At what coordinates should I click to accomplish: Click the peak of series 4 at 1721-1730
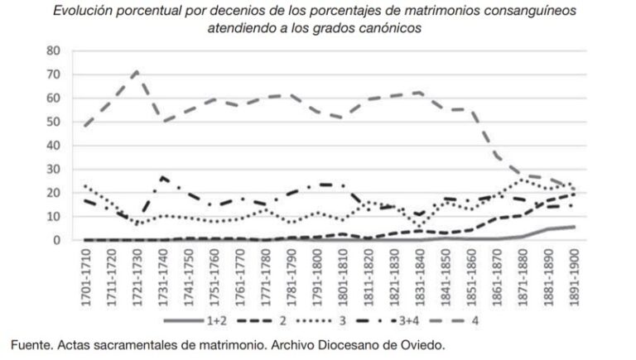(x=137, y=70)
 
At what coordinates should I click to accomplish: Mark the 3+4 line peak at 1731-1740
(x=162, y=176)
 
